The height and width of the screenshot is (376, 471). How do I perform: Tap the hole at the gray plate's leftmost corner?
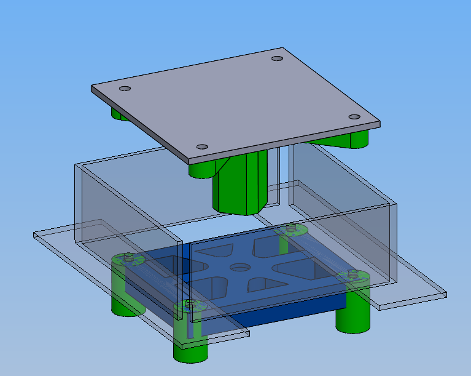(125, 89)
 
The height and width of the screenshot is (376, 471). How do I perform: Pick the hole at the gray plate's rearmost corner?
(277, 58)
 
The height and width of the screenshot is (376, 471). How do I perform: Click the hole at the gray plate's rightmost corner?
(354, 117)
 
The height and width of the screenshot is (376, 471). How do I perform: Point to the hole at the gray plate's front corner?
(201, 147)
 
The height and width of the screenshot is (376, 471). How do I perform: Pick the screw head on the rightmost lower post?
(352, 273)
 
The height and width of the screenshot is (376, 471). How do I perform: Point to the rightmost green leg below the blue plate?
(352, 317)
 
